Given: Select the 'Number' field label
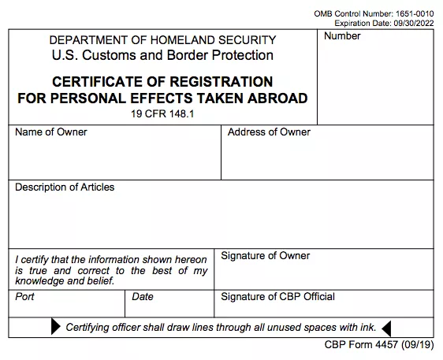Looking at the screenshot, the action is click(x=342, y=36).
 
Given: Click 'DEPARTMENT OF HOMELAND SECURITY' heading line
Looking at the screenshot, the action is click(x=162, y=40).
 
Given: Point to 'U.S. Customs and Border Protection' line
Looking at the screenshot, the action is click(x=162, y=55).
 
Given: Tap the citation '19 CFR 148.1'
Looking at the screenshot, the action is click(x=163, y=113).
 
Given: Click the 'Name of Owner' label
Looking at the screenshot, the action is click(x=51, y=132).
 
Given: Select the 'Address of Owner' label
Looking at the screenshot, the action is click(x=269, y=132).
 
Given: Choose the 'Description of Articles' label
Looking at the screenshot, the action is click(x=65, y=187).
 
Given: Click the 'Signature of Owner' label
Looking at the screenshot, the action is click(x=265, y=256).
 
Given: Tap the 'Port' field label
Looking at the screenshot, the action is click(x=25, y=298).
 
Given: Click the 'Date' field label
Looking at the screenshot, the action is click(x=143, y=298).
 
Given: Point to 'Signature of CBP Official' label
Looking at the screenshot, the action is click(x=277, y=297).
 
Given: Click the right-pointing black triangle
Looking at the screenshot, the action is click(x=56, y=328).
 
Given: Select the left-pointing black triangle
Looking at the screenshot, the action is click(x=386, y=328).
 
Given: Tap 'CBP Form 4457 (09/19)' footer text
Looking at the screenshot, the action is click(x=378, y=346).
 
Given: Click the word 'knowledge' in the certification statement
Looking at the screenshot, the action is click(x=38, y=280).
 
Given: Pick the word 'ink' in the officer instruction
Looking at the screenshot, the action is click(x=368, y=328).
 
